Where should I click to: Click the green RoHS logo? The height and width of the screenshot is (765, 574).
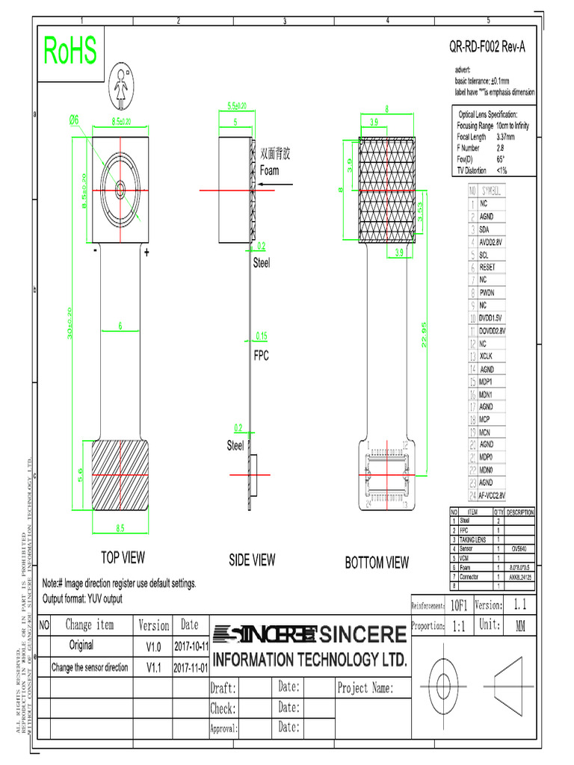coord(70,51)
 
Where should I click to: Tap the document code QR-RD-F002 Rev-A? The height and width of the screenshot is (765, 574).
coord(487,48)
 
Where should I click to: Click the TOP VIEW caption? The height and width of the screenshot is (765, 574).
coord(123,557)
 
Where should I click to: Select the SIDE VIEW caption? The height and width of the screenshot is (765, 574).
coord(252,560)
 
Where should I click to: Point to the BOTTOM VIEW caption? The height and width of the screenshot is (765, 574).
coord(377,563)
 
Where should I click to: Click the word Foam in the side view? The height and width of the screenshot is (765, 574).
coord(269,170)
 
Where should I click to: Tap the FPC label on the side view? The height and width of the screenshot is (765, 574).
coord(260,356)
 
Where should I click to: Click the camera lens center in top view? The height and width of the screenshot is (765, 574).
coord(120,191)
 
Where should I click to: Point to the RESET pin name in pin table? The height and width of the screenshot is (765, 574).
coord(487,267)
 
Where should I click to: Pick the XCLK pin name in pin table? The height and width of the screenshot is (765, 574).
coord(487,356)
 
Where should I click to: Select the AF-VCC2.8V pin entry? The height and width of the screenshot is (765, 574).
coord(493,495)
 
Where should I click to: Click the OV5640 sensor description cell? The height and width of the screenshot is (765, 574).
coord(519,548)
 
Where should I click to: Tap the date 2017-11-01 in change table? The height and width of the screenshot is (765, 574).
coord(191,666)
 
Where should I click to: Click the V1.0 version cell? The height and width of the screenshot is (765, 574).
coord(154,645)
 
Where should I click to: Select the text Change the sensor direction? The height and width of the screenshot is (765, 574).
coord(90,667)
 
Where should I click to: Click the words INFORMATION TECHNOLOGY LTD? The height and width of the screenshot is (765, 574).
coord(310,660)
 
